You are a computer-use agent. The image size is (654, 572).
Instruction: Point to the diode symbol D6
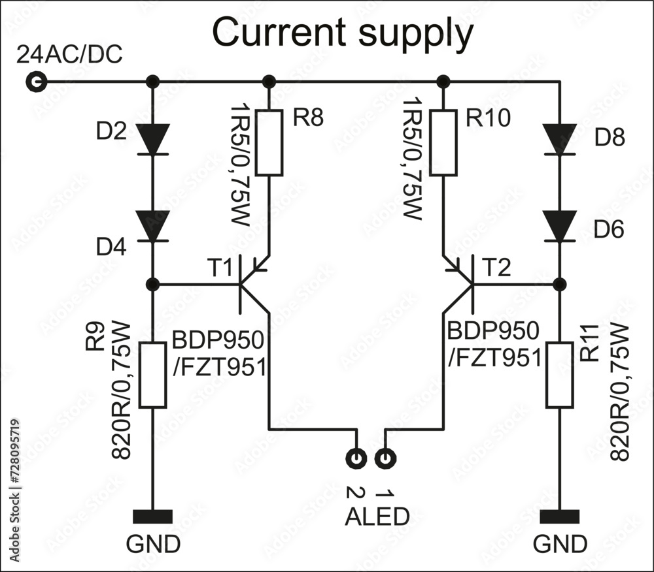pyautogui.click(x=560, y=226)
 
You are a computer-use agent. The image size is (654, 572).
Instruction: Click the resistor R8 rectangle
pyautogui.click(x=269, y=143)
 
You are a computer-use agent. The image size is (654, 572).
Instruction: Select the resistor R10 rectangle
pyautogui.click(x=443, y=143)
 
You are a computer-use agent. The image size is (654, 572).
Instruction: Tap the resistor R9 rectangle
pyautogui.click(x=153, y=375)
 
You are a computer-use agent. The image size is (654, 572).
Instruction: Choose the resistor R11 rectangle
pyautogui.click(x=560, y=375)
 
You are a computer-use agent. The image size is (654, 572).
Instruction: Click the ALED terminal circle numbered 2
pyautogui.click(x=356, y=458)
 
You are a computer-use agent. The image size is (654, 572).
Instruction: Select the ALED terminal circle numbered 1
pyautogui.click(x=385, y=458)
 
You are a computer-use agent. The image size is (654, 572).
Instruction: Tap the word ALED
pyautogui.click(x=377, y=516)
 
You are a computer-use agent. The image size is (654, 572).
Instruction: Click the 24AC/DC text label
pyautogui.click(x=69, y=56)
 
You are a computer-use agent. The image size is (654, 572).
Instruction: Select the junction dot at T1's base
pyautogui.click(x=153, y=285)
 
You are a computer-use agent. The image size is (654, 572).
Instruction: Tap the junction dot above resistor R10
pyautogui.click(x=443, y=82)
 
